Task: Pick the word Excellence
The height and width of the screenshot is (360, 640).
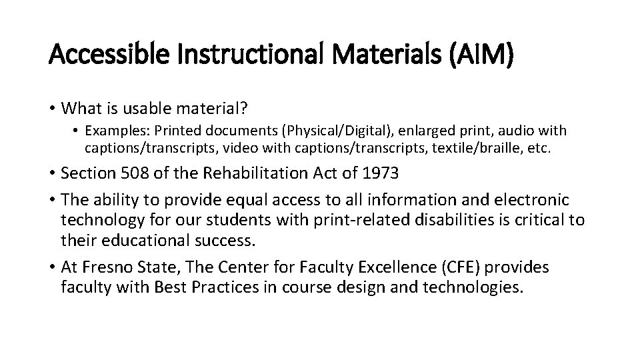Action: (386, 268)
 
